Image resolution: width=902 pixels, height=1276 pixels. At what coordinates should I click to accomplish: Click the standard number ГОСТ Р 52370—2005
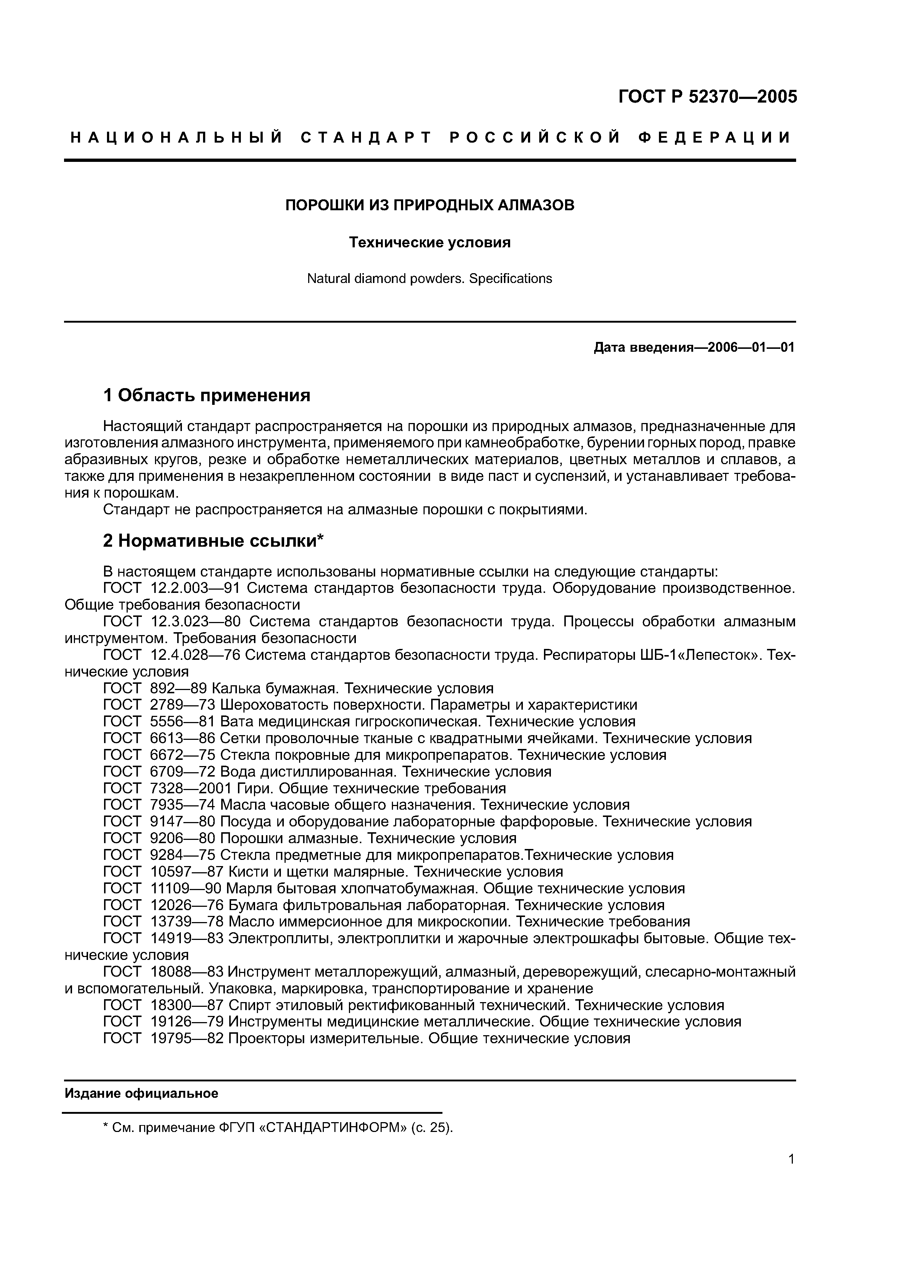707,97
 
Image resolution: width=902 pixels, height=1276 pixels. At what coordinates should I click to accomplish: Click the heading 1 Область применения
207,396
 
